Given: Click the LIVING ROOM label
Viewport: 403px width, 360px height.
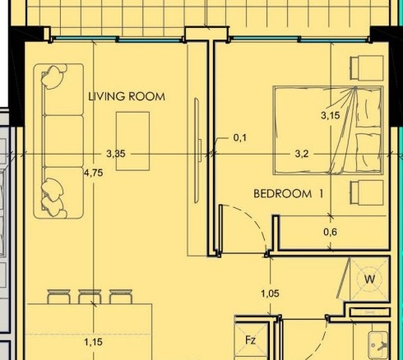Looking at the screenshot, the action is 127,96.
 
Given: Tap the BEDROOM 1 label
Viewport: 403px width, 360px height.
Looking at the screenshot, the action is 289,194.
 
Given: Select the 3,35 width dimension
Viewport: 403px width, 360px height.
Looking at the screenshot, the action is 116,154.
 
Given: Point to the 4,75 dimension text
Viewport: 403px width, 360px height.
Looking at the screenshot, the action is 94,173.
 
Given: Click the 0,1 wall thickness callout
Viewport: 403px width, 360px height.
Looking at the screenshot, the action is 240,137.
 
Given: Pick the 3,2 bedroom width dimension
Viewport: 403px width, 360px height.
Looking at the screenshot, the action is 302,154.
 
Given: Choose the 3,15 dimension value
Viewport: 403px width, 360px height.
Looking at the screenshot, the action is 331,115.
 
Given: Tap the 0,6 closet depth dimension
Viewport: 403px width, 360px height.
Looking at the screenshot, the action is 330,232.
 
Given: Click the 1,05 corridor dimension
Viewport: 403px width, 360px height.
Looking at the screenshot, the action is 271,293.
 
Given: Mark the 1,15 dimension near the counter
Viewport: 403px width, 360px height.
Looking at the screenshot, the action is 94,342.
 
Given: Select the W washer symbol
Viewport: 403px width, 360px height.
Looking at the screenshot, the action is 369,279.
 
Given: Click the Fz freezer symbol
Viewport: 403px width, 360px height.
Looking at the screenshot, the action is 251,340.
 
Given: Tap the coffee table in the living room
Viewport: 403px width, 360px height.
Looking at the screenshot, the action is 133,141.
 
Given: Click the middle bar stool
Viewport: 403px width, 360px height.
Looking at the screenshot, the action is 90,297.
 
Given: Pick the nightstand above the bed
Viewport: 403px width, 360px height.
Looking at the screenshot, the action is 367,68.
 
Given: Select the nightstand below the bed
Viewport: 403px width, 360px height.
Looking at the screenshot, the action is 367,192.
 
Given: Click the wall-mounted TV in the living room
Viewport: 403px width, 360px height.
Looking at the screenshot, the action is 197,150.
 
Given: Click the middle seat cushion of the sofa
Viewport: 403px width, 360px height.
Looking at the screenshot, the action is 63,141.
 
